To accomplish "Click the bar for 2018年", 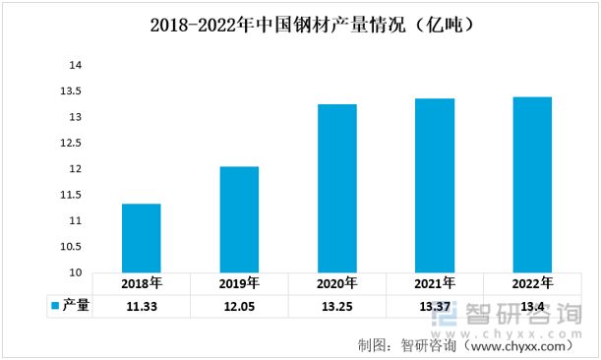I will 142,238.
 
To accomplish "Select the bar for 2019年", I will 239,219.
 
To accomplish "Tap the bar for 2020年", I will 336,188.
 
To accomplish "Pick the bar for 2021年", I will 434,185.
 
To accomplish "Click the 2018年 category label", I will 142,283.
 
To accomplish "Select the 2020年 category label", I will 336,283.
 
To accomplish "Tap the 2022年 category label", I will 532,283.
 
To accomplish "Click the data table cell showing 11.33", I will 142,306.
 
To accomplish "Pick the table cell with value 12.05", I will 239,306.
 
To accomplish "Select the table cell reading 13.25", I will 336,306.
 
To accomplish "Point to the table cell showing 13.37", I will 434,306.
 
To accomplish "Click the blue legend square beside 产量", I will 55,306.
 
